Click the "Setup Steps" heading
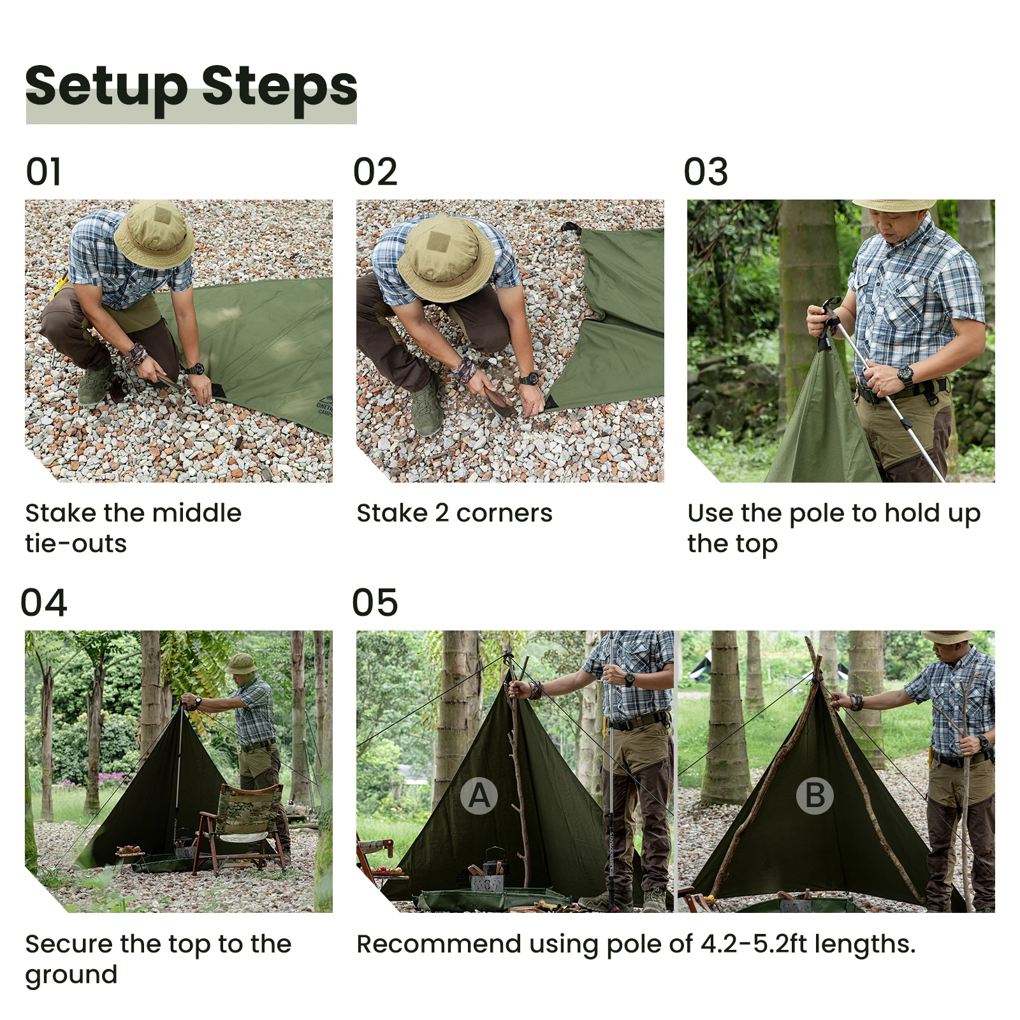click(191, 88)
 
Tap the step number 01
click(44, 172)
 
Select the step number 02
click(375, 172)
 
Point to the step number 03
click(706, 172)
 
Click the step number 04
click(44, 603)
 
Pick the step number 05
click(375, 603)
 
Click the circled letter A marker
click(479, 796)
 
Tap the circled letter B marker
click(815, 796)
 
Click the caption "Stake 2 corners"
click(455, 513)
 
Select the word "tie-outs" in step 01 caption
click(76, 544)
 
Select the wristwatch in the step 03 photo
click(905, 375)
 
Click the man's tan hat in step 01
click(154, 234)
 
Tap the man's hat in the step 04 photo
click(242, 664)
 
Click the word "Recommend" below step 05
click(439, 944)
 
